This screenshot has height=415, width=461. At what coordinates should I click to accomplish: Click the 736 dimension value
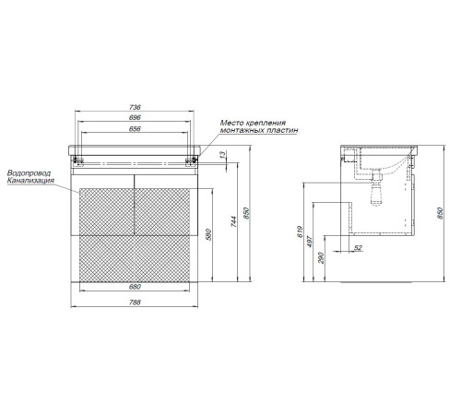pos(135,107)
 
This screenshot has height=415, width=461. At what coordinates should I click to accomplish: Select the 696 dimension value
pos(135,117)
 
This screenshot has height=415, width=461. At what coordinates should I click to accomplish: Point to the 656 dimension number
pos(135,128)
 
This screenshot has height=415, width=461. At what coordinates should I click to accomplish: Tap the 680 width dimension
pos(135,287)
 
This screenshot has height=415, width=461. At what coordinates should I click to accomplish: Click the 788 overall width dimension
pos(135,302)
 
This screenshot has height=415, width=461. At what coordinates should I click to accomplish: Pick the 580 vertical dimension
pos(208,234)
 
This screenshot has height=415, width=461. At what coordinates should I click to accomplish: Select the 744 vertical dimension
pos(234,221)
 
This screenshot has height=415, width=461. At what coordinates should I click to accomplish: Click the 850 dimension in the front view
pos(247,213)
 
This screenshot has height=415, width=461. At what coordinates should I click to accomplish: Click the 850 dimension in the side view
pos(440,213)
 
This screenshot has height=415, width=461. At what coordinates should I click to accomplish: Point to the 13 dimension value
pos(223,153)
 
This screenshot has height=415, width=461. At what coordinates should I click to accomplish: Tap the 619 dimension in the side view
pos(301,231)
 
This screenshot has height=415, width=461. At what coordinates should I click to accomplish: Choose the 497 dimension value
pos(310,242)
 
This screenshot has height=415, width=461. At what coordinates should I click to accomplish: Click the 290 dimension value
pos(321,257)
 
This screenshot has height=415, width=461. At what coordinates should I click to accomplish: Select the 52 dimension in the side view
pos(359,248)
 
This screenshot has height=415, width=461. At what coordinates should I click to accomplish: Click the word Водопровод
pos(29,173)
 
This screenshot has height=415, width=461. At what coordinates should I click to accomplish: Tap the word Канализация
pos(30,181)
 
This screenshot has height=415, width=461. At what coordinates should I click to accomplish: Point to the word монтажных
pos(239,130)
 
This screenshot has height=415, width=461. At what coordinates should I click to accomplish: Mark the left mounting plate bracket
pos(78,161)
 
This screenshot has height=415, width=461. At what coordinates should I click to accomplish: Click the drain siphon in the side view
pos(377,190)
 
